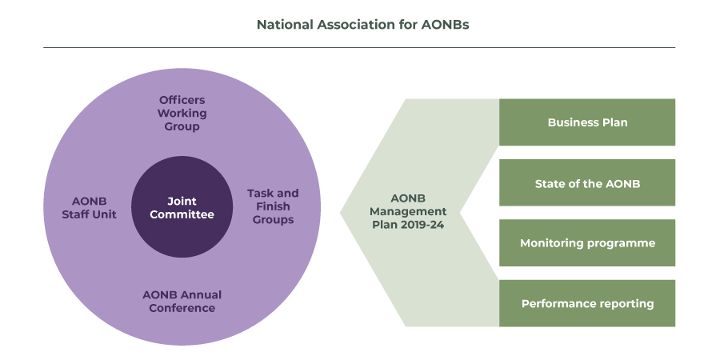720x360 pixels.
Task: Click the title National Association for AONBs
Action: (x=362, y=24)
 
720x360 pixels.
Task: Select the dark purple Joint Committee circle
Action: (x=182, y=206)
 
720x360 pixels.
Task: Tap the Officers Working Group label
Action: (x=182, y=113)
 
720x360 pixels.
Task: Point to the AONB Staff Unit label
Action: (x=89, y=208)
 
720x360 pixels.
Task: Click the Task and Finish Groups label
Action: (x=273, y=206)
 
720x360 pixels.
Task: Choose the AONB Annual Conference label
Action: (x=182, y=302)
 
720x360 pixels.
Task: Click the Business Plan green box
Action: (x=587, y=122)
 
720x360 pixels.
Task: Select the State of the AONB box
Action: (x=587, y=182)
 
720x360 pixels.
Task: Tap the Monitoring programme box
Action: (x=587, y=243)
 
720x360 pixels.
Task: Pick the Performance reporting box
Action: (x=587, y=303)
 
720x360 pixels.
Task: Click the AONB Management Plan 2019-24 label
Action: (x=408, y=212)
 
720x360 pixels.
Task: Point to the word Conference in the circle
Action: (x=182, y=308)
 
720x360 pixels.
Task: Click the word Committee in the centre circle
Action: (x=182, y=214)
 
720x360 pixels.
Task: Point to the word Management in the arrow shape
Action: (x=408, y=212)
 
